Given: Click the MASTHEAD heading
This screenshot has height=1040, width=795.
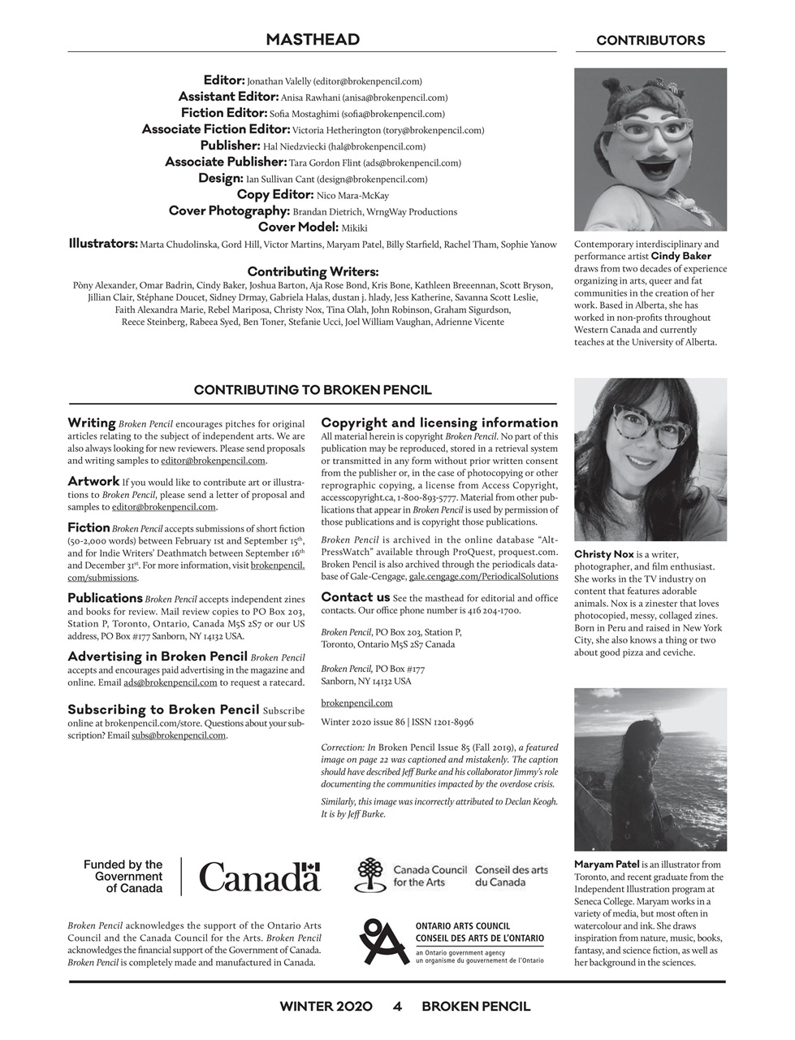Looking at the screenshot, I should point(313,40).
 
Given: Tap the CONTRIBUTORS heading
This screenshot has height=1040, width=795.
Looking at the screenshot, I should point(650,41).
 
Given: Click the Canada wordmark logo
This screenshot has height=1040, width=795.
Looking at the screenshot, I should point(259,877).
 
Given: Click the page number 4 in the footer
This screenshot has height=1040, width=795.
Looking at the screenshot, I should point(397,1006).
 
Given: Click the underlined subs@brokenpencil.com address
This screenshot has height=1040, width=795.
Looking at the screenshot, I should point(178,735).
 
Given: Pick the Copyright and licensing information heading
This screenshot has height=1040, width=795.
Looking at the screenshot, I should point(439,422).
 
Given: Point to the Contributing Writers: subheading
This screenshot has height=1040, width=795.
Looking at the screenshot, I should point(313,271).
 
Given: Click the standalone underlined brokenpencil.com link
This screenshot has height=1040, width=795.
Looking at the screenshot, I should point(356,703).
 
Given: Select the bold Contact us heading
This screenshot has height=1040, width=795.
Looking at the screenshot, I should point(355,597).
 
